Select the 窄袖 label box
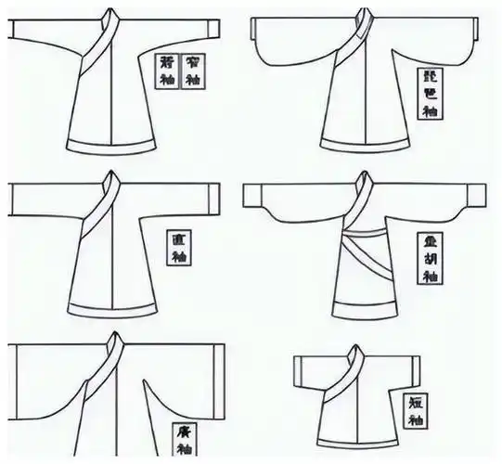point(192,71)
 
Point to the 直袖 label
point(178,244)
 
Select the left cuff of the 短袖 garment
point(297,371)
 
